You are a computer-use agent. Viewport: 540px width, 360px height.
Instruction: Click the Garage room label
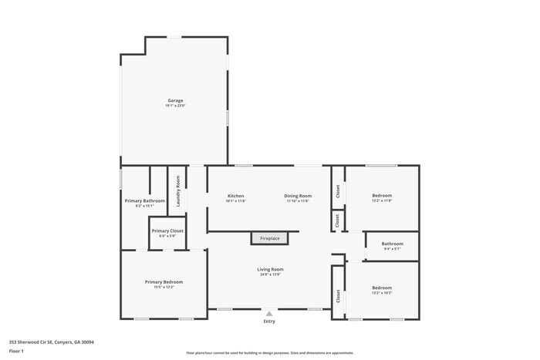(175, 100)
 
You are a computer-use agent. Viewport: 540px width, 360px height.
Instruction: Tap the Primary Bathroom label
(144, 200)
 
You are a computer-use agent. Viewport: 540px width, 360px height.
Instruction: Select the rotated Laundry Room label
(178, 191)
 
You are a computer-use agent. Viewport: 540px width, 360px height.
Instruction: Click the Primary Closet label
(167, 230)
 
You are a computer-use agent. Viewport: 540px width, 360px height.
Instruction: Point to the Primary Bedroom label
(164, 281)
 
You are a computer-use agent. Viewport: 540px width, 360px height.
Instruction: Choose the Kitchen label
(236, 196)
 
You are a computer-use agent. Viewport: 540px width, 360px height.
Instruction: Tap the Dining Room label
(298, 196)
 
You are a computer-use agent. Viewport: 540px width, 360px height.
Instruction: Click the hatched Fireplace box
(269, 238)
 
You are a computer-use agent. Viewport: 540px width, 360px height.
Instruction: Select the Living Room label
(270, 268)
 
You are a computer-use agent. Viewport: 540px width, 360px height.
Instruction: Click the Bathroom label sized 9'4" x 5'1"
(392, 244)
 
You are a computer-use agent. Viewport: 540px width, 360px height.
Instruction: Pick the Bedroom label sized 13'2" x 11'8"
(382, 196)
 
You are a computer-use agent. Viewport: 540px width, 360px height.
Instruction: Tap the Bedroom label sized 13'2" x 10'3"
(382, 288)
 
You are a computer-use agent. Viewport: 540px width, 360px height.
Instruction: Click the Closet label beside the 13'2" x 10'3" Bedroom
(338, 295)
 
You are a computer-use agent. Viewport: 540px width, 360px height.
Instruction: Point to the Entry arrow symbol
(269, 314)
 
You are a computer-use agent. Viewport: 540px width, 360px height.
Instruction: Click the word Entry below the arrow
(269, 321)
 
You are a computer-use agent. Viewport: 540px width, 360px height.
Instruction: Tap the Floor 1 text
(16, 351)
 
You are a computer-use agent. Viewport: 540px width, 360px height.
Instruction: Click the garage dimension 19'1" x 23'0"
(175, 106)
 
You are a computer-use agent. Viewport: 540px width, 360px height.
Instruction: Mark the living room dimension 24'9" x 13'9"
(270, 274)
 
